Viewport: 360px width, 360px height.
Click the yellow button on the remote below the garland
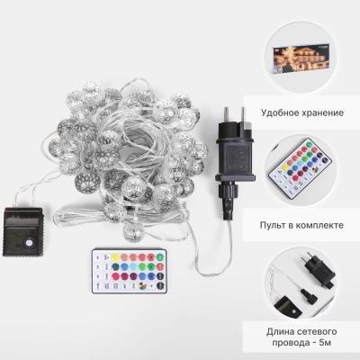click(x=115, y=257)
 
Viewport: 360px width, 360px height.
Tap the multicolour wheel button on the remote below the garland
click(x=142, y=286)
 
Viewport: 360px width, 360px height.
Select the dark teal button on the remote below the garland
click(x=115, y=266)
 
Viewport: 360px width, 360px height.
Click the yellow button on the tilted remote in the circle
click(x=283, y=166)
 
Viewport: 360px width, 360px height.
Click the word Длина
click(x=279, y=332)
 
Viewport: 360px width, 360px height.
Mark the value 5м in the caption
click(x=325, y=343)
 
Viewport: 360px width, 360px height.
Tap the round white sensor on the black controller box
click(x=30, y=242)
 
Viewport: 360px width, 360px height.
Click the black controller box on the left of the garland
click(x=23, y=232)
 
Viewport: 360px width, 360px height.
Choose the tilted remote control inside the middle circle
click(x=300, y=170)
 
